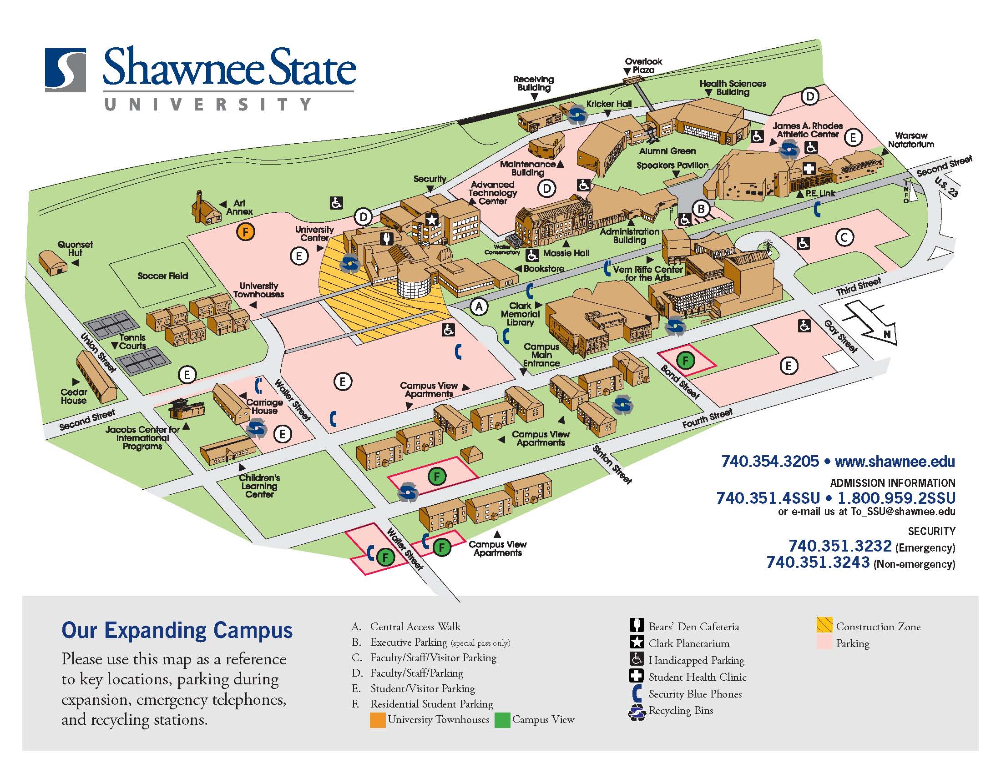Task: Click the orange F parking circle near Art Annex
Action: point(246,232)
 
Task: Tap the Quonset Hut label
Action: point(75,249)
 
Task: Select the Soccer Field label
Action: point(163,276)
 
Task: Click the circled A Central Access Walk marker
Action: point(480,306)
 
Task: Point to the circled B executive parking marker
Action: point(701,209)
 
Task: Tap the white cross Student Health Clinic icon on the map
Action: point(809,168)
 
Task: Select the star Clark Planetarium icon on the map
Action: point(432,220)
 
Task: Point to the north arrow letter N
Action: point(887,335)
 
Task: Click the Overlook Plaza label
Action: point(643,65)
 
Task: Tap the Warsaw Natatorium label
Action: point(911,140)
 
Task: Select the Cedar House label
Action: point(74,396)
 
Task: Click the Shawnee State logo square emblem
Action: point(65,70)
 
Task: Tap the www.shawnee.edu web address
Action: point(895,461)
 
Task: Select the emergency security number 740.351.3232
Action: point(839,546)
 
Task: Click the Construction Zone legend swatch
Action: point(824,626)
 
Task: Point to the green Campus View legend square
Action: point(502,720)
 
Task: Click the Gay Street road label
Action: point(840,336)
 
